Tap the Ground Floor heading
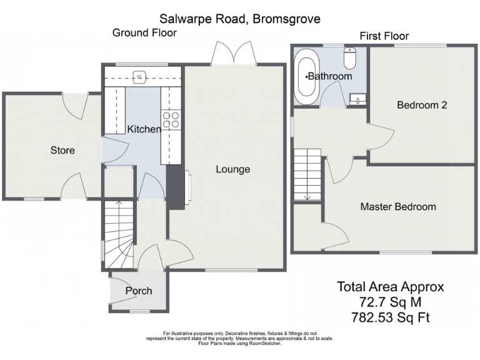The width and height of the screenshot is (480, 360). click(144, 32)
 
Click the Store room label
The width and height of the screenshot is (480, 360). click(62, 150)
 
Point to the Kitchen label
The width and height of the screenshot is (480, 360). click(144, 129)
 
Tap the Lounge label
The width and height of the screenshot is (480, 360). click(233, 169)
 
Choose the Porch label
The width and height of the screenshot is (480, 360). click(139, 291)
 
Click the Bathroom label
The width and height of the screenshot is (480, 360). click(330, 76)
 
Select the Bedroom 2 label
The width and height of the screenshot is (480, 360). click(422, 105)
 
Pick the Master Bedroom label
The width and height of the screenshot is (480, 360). click(398, 206)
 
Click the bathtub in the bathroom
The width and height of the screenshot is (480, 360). click(307, 78)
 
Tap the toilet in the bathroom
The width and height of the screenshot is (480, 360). click(351, 59)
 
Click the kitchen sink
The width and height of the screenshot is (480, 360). click(141, 77)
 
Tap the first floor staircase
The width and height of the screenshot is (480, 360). click(307, 175)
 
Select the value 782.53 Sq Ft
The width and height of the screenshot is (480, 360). click(391, 319)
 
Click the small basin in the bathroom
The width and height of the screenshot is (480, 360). click(357, 97)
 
